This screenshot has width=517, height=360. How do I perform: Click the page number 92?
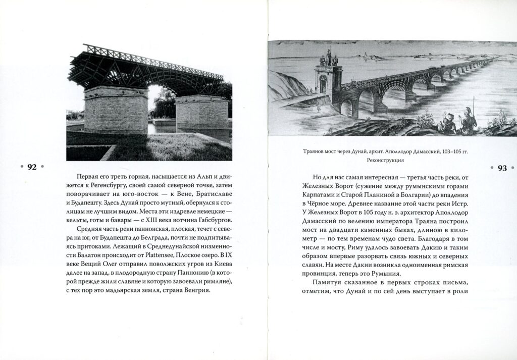tap(31, 168)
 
